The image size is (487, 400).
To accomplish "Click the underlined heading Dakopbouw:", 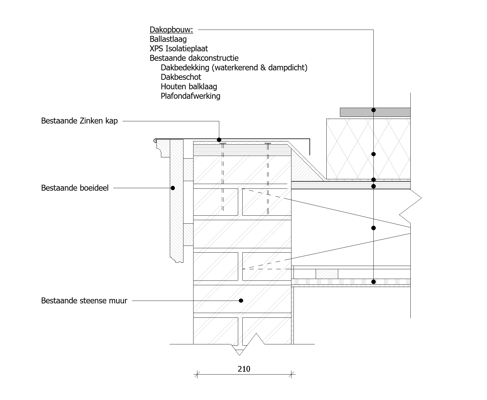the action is (171, 30).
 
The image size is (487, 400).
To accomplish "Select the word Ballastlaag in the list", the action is (168, 39).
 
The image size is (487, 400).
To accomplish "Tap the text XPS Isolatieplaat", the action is (179, 49).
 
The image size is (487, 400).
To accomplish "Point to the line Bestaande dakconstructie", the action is (194, 58).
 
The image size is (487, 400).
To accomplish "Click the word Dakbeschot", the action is (181, 77).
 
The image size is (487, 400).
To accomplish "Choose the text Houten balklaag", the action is (189, 86).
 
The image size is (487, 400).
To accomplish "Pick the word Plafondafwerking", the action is (191, 96).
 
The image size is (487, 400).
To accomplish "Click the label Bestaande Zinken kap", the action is (79, 121).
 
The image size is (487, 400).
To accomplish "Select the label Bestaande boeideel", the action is (75, 188).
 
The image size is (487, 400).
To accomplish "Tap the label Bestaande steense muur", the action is (84, 301).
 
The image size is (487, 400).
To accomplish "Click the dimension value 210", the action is (244, 369).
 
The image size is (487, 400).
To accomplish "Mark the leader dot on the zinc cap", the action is (219, 140).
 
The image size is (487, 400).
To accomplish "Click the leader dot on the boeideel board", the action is (173, 188).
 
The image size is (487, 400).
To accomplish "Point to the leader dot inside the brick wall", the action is (241, 301).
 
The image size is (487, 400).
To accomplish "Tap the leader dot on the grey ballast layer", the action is (373, 110).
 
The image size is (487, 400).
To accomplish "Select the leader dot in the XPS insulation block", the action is (373, 154).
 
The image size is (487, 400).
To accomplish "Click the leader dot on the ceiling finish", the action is (373, 282).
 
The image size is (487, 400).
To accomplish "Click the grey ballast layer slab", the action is (375, 112).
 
